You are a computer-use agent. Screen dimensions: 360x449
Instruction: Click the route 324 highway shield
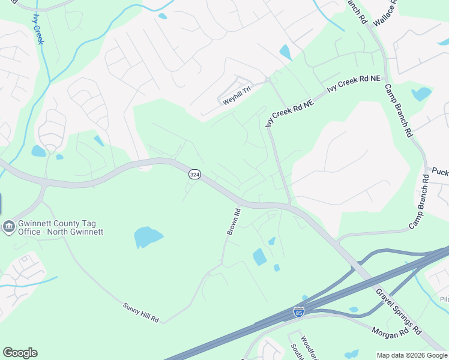click(194, 174)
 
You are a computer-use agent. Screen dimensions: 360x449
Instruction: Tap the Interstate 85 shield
click(298, 311)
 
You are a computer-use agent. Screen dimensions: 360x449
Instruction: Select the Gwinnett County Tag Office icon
click(9, 226)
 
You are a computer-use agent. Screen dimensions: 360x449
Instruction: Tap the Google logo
click(20, 353)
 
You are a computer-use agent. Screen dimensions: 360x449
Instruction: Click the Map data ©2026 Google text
click(412, 355)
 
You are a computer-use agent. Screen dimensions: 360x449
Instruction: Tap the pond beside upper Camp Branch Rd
click(421, 94)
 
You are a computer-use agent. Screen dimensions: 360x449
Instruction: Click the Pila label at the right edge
click(444, 299)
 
